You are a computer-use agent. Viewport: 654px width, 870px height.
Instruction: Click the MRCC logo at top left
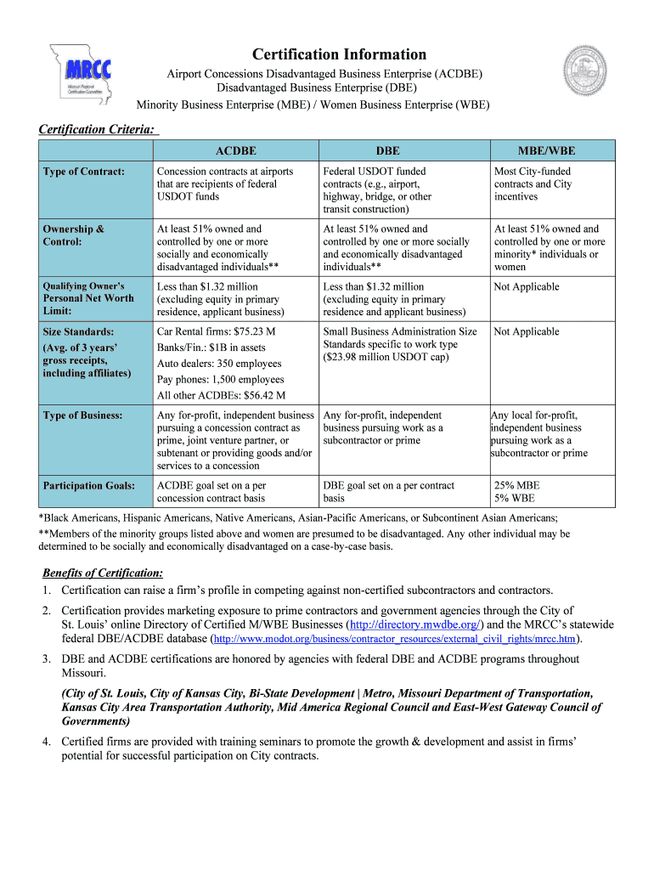(80, 75)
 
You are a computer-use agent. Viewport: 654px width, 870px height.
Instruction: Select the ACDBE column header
(235, 150)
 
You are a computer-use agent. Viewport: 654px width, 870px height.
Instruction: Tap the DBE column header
(387, 150)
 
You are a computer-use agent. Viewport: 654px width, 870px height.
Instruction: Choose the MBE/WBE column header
(546, 150)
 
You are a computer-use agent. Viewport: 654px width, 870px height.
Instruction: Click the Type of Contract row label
(84, 172)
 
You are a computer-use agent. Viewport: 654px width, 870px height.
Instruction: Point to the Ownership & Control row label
(74, 235)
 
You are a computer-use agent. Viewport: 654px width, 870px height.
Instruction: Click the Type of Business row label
(83, 415)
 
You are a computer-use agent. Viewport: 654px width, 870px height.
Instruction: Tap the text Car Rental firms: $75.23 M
(216, 331)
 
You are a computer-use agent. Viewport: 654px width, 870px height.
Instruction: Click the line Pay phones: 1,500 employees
(220, 380)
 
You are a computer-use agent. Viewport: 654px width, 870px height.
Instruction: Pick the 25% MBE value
(516, 486)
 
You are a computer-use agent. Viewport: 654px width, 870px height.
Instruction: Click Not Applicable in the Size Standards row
(527, 331)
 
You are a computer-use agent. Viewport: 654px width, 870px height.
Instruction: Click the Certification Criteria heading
(97, 129)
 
